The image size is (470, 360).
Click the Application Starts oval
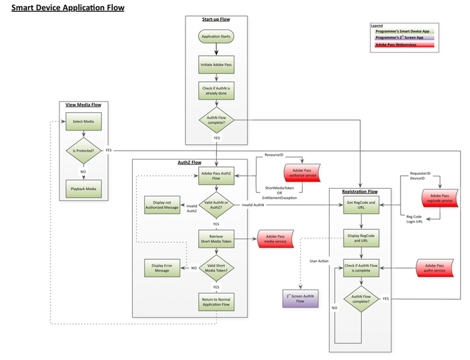click(x=216, y=38)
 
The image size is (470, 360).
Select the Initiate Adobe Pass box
click(x=216, y=64)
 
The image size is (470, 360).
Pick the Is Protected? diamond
click(x=83, y=151)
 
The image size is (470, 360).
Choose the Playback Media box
click(x=83, y=186)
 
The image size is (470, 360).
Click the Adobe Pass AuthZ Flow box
click(x=216, y=176)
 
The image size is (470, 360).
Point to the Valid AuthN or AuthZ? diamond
click(x=216, y=204)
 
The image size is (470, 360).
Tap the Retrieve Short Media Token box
click(x=216, y=239)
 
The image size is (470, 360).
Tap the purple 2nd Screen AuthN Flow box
click(x=299, y=297)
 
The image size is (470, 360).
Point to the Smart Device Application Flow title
click(x=68, y=8)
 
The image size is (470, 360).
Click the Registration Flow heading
click(x=360, y=191)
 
